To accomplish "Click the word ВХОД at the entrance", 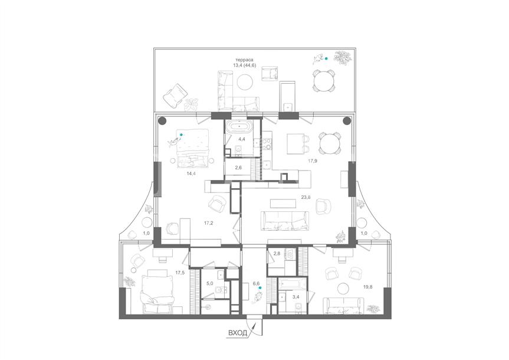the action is [238, 333].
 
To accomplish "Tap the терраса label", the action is [244, 60].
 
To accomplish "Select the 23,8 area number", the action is [306, 197].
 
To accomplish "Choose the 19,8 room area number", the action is [368, 287].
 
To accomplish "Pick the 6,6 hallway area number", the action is [256, 283].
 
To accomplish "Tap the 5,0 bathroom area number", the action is [210, 283].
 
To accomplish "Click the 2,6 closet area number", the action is [238, 168].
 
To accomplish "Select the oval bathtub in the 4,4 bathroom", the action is [239, 126].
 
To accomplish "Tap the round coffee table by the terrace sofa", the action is [245, 82].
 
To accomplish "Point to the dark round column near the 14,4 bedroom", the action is [162, 121].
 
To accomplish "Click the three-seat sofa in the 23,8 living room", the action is [285, 221].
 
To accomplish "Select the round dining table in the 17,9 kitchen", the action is [330, 143].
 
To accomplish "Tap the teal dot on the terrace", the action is [327, 59].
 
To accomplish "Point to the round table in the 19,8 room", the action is [343, 289].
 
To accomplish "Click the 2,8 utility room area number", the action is [277, 253].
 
